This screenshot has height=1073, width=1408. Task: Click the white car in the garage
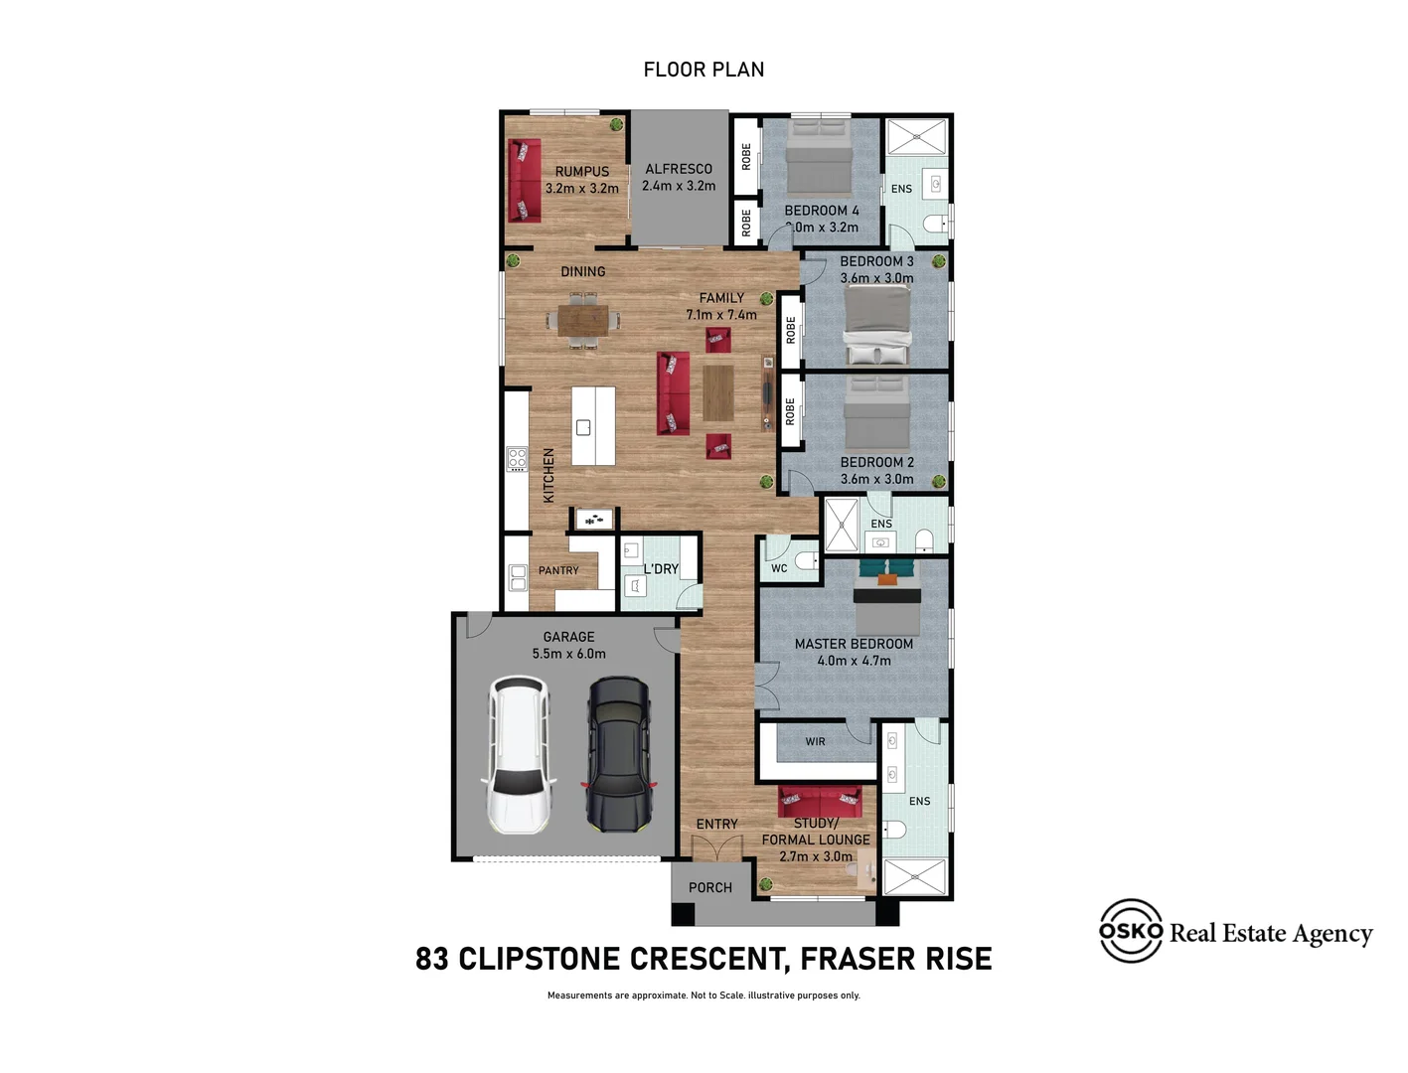[x=518, y=755]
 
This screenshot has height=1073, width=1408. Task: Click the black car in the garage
[x=618, y=755]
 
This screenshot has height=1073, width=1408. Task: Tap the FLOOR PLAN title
[x=704, y=70]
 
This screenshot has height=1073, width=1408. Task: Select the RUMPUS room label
[x=582, y=171]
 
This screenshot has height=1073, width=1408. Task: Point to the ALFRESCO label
[x=679, y=169]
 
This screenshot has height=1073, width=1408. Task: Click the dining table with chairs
[x=583, y=320]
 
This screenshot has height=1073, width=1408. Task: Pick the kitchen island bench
[x=593, y=426]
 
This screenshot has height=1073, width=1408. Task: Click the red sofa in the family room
[x=673, y=393]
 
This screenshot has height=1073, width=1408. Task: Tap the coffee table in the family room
[x=718, y=393]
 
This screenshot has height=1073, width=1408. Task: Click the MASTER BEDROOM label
[x=854, y=644]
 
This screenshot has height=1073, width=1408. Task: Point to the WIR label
[x=815, y=741]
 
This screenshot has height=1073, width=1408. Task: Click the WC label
[x=779, y=568]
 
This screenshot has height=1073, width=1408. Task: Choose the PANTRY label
[x=558, y=570]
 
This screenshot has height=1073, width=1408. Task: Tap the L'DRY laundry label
[x=661, y=569]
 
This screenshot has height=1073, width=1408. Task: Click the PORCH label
[x=709, y=887]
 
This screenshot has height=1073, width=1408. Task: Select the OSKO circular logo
[x=1131, y=931]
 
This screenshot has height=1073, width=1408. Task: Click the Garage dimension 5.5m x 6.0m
[x=568, y=654]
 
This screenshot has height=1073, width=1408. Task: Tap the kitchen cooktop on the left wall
[x=517, y=458]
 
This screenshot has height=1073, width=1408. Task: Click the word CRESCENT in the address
[x=709, y=959]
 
